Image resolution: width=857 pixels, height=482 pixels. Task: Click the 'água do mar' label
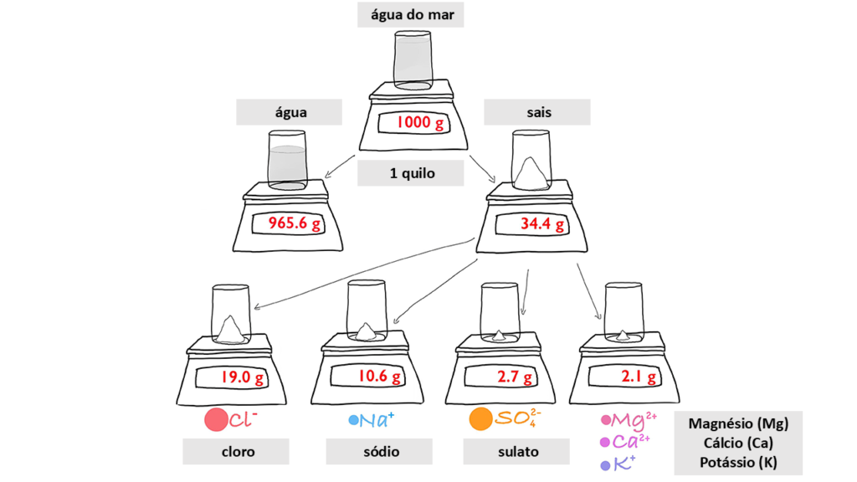[410, 14]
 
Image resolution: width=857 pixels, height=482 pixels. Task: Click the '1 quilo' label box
[410, 174]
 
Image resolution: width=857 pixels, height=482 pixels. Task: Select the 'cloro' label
[237, 452]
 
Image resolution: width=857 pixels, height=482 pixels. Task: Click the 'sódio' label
[379, 452]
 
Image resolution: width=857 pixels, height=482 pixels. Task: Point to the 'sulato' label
[516, 452]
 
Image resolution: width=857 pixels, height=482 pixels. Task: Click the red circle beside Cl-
[216, 419]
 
